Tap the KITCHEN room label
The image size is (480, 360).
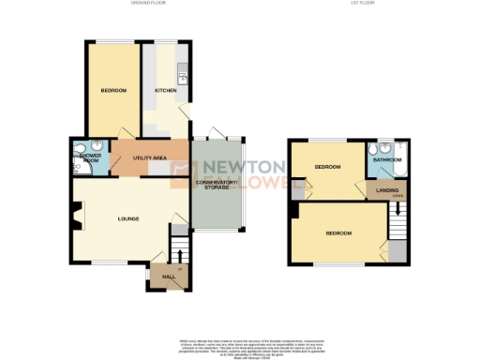tap(166, 91)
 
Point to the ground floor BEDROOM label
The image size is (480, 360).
tap(114, 91)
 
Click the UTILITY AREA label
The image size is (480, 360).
tap(150, 157)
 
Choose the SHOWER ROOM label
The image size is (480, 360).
tap(91, 157)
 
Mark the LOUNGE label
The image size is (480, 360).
tap(128, 219)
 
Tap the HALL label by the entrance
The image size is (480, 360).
tap(170, 277)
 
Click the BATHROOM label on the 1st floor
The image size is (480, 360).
tap(387, 160)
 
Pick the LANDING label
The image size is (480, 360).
tap(385, 192)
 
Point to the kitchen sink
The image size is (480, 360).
tap(184, 75)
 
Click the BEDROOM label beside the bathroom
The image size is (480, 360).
tap(327, 167)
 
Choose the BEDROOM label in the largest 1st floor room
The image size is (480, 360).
tap(338, 232)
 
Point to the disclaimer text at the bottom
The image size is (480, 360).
tap(240, 344)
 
